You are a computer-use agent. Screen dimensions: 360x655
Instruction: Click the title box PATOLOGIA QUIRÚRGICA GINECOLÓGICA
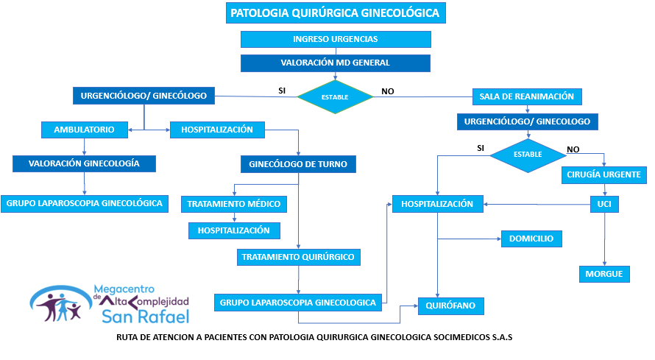[x=335, y=13]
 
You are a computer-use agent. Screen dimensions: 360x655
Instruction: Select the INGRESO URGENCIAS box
[x=335, y=39]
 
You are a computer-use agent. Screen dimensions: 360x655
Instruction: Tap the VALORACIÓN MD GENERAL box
[x=335, y=63]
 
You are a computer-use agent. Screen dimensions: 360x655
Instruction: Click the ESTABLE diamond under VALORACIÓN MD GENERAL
[x=335, y=96]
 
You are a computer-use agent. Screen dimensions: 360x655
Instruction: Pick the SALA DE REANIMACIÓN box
[x=527, y=96]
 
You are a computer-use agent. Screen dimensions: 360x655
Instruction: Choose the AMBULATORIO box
[x=84, y=130]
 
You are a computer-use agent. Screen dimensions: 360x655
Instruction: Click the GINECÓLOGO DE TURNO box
[x=299, y=163]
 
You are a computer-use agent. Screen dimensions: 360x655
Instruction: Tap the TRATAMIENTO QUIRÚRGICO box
[x=299, y=257]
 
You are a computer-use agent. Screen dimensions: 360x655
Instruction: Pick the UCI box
[x=604, y=203]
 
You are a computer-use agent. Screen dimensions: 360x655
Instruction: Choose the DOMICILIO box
[x=531, y=239]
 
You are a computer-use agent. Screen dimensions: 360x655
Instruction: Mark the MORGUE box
[x=604, y=274]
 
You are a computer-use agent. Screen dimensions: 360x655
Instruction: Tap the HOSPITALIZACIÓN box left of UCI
[x=438, y=203]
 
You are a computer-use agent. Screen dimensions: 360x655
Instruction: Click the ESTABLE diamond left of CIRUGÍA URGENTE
[x=528, y=154]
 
